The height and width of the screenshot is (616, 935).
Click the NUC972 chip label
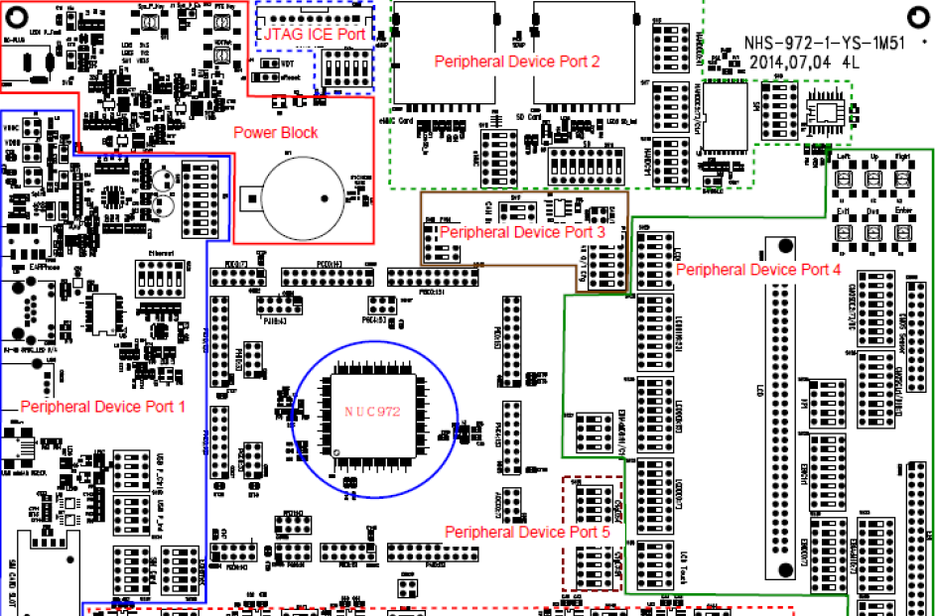[371, 412]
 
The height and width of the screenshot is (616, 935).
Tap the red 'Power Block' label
[276, 132]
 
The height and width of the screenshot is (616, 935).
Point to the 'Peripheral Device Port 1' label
[103, 406]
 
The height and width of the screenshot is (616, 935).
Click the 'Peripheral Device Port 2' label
[517, 62]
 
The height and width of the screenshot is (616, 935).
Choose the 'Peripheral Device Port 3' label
[522, 232]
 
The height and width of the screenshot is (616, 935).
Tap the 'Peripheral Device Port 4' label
[758, 269]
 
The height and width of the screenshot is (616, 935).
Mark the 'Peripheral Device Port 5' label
[527, 532]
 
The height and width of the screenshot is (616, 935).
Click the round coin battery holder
[303, 190]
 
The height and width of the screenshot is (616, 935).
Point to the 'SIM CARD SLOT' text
[11, 575]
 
